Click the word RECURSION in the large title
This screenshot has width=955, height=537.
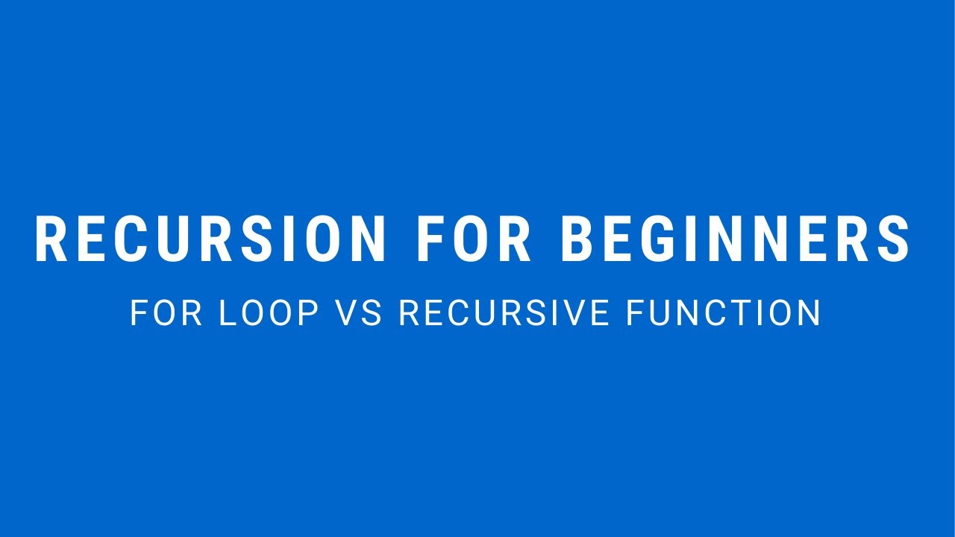point(210,239)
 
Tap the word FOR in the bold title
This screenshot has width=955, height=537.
point(474,239)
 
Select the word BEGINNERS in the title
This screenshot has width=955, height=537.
point(735,239)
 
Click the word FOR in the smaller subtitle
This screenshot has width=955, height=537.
point(166,313)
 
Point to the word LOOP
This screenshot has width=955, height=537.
point(269,313)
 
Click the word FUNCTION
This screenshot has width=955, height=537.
point(724,313)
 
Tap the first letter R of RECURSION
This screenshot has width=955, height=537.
point(51,239)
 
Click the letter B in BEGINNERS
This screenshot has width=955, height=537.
point(576,239)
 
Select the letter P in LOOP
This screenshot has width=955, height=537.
point(310,313)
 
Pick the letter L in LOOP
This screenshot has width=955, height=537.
point(226,313)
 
